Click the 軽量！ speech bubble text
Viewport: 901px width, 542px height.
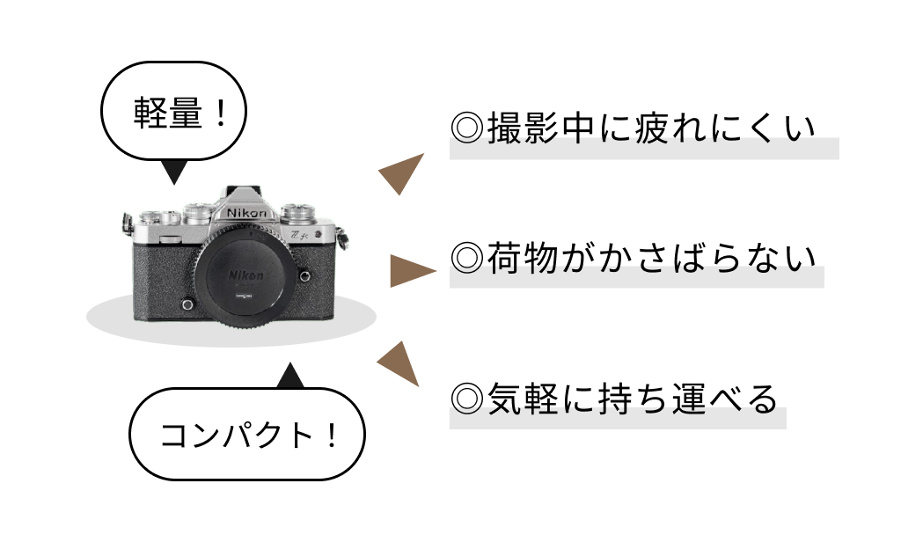click(x=179, y=113)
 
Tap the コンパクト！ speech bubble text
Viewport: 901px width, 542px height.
click(x=247, y=435)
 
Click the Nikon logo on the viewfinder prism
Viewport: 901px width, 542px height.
click(x=246, y=213)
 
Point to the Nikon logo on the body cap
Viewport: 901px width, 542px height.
click(x=246, y=275)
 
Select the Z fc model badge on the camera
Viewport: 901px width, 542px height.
click(x=299, y=235)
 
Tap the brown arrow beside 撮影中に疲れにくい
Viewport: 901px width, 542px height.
click(x=403, y=173)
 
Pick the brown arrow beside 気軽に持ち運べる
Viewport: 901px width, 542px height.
click(x=400, y=363)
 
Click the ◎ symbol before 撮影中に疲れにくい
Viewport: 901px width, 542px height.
click(x=466, y=128)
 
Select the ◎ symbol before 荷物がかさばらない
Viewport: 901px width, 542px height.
click(x=466, y=258)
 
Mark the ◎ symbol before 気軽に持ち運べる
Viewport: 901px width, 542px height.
click(x=466, y=399)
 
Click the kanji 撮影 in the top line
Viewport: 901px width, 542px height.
click(x=523, y=128)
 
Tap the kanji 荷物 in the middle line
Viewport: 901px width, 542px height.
click(x=523, y=258)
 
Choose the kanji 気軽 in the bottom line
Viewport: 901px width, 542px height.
click(x=523, y=399)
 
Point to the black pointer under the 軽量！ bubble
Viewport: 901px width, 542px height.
click(x=174, y=172)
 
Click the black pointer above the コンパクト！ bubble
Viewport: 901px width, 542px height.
click(x=290, y=377)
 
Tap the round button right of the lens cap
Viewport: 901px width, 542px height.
click(x=304, y=276)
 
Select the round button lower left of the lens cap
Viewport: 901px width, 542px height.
click(x=187, y=304)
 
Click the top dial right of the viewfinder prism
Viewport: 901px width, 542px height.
click(x=297, y=212)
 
